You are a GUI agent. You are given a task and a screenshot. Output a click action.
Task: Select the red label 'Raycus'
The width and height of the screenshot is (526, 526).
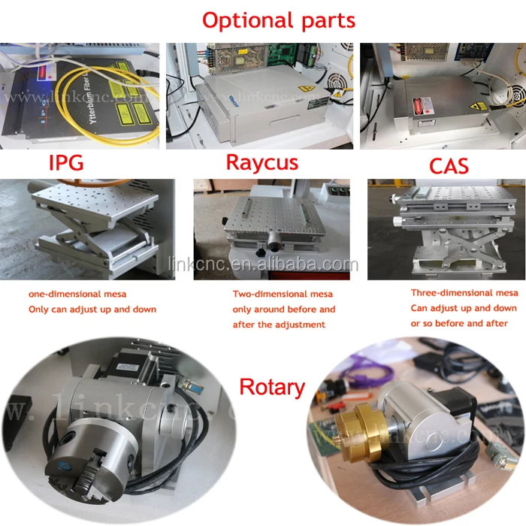click(261, 162)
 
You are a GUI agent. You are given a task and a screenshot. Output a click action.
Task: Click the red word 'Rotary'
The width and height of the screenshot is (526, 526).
click(272, 387)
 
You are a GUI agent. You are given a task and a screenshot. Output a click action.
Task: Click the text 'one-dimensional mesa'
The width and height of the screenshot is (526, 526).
click(73, 294)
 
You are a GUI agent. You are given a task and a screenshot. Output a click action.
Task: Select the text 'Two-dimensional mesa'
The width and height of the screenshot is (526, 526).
click(282, 294)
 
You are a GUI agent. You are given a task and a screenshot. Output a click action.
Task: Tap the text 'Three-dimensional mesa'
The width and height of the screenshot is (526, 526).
click(463, 292)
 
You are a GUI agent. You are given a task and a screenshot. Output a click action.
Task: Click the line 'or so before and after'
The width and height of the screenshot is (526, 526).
click(459, 323)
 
